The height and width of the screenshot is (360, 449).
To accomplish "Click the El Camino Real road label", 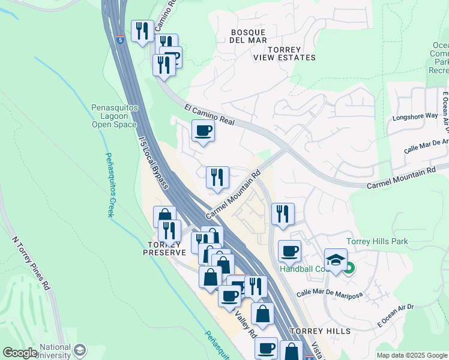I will [209, 114].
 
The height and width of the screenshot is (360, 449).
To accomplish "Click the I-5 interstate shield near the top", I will [121, 40].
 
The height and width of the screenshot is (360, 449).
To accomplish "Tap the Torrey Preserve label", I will [164, 248].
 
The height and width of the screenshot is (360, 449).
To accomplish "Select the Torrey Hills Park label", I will [377, 241].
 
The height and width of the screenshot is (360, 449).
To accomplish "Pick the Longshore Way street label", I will [415, 116].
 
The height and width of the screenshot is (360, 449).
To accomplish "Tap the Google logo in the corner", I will [20, 353].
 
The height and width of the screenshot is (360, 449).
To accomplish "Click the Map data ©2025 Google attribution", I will [411, 355].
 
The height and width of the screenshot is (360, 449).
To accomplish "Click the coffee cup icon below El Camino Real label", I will [203, 131].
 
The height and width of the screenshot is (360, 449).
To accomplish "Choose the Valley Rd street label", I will [246, 324].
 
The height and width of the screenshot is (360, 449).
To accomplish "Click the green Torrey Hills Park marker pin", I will [348, 268].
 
